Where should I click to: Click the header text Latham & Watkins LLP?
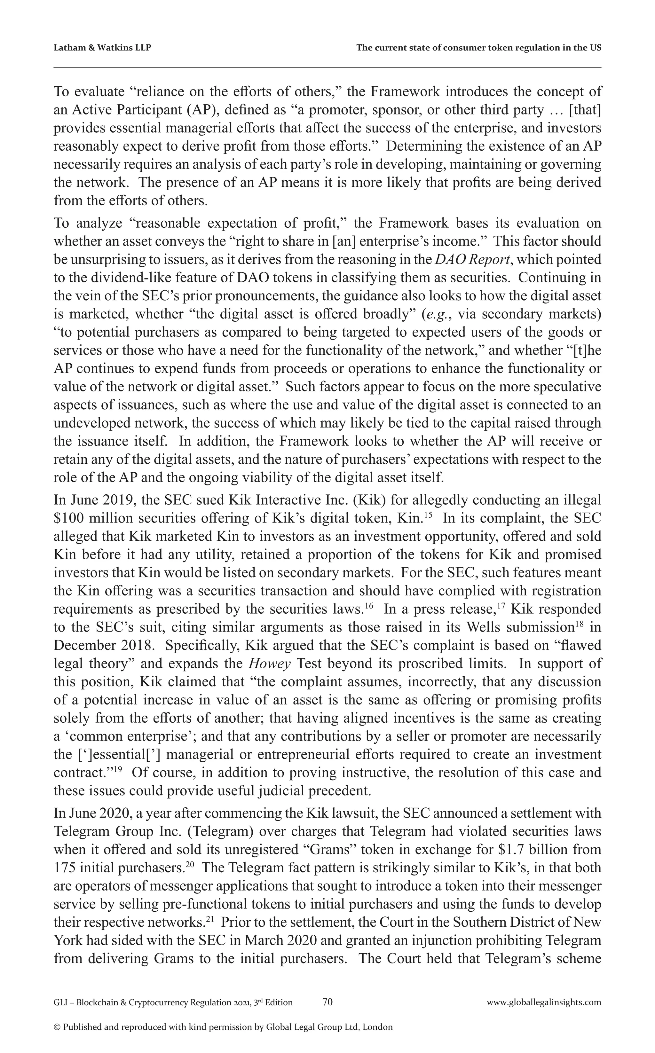(x=102, y=48)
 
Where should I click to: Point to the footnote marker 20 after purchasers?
(x=189, y=865)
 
